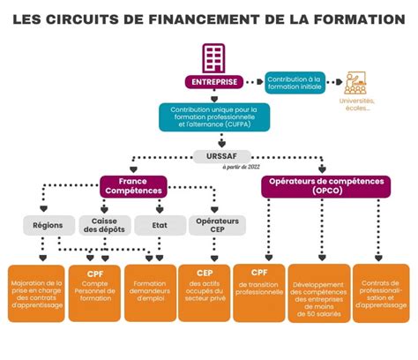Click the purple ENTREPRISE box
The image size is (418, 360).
click(213, 82)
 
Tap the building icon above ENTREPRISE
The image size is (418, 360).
click(213, 57)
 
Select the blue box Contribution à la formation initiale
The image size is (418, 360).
click(295, 83)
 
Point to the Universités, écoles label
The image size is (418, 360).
click(357, 104)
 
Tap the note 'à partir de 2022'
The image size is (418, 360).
click(242, 166)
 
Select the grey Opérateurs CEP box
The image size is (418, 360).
click(211, 225)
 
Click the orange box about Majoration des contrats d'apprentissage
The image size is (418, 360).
click(36, 293)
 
